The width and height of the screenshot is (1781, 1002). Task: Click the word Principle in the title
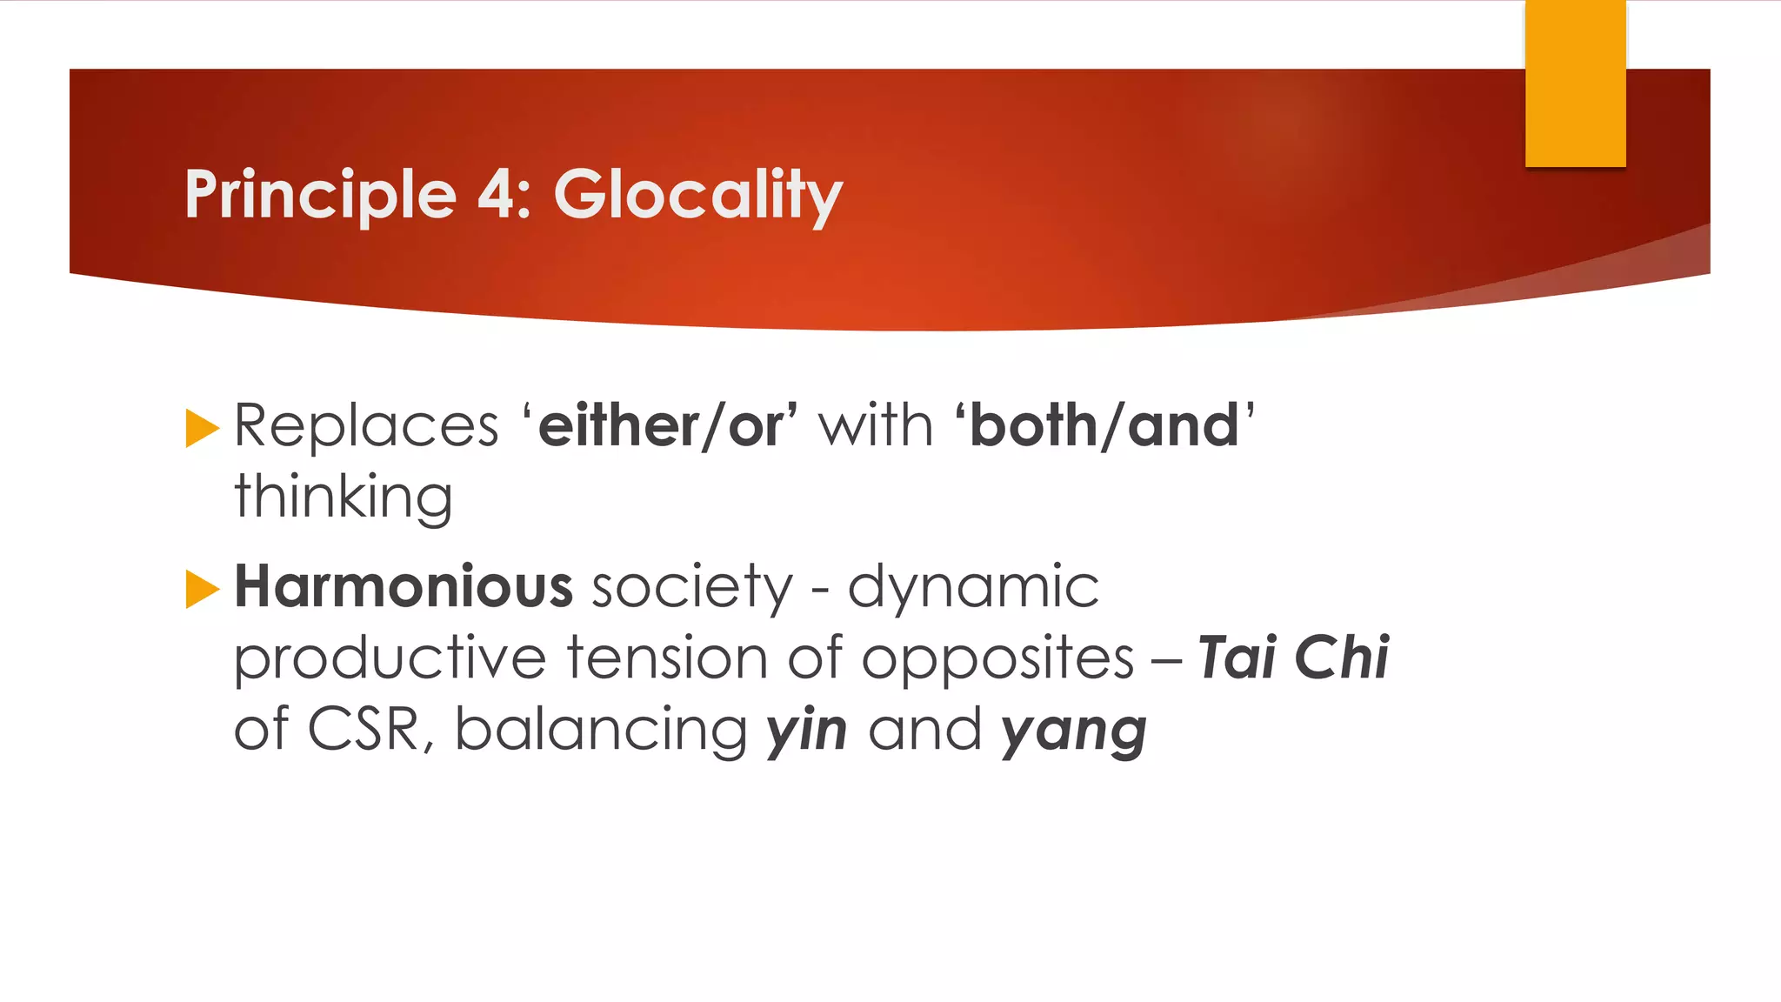point(320,195)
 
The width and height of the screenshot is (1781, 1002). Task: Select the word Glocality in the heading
point(697,195)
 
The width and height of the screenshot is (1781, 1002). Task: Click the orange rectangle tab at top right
point(1575,83)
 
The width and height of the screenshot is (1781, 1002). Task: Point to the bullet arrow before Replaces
point(202,428)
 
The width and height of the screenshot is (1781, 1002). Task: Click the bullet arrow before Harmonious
point(202,589)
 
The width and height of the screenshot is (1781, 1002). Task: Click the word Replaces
point(366,426)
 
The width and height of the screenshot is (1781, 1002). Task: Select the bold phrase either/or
point(661,426)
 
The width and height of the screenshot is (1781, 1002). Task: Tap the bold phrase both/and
point(1104,426)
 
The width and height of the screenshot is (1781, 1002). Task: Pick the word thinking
point(344,498)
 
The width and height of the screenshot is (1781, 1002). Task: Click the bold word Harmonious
point(404,586)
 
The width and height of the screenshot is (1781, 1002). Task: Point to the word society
point(692,588)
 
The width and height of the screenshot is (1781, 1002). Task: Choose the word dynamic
point(973,588)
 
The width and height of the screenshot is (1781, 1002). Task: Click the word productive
point(390,658)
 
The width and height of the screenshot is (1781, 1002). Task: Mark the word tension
point(667,658)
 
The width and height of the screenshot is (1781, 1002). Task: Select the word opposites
point(997,659)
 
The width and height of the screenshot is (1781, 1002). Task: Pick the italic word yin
point(806,731)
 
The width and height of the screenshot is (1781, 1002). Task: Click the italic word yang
point(1074,731)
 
